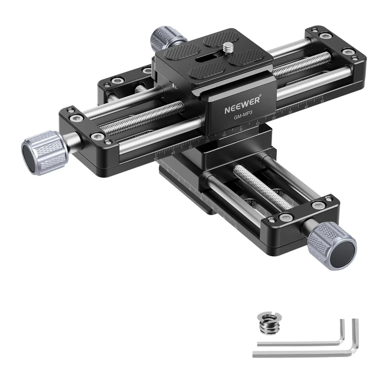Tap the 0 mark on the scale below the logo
pos(241,129)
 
